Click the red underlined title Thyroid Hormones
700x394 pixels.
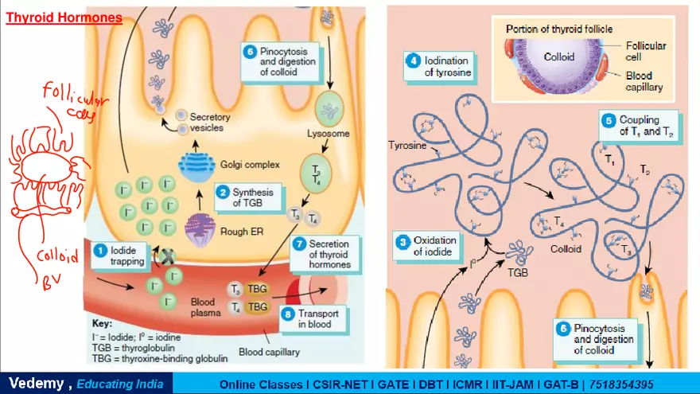(64, 17)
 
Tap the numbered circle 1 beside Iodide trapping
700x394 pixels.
(101, 250)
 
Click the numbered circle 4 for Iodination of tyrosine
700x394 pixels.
(413, 60)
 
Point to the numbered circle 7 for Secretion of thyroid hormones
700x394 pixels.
(299, 244)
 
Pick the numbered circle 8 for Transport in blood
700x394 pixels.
(288, 314)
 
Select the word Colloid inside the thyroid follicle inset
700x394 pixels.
(558, 57)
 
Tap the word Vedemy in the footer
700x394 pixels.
(35, 384)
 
